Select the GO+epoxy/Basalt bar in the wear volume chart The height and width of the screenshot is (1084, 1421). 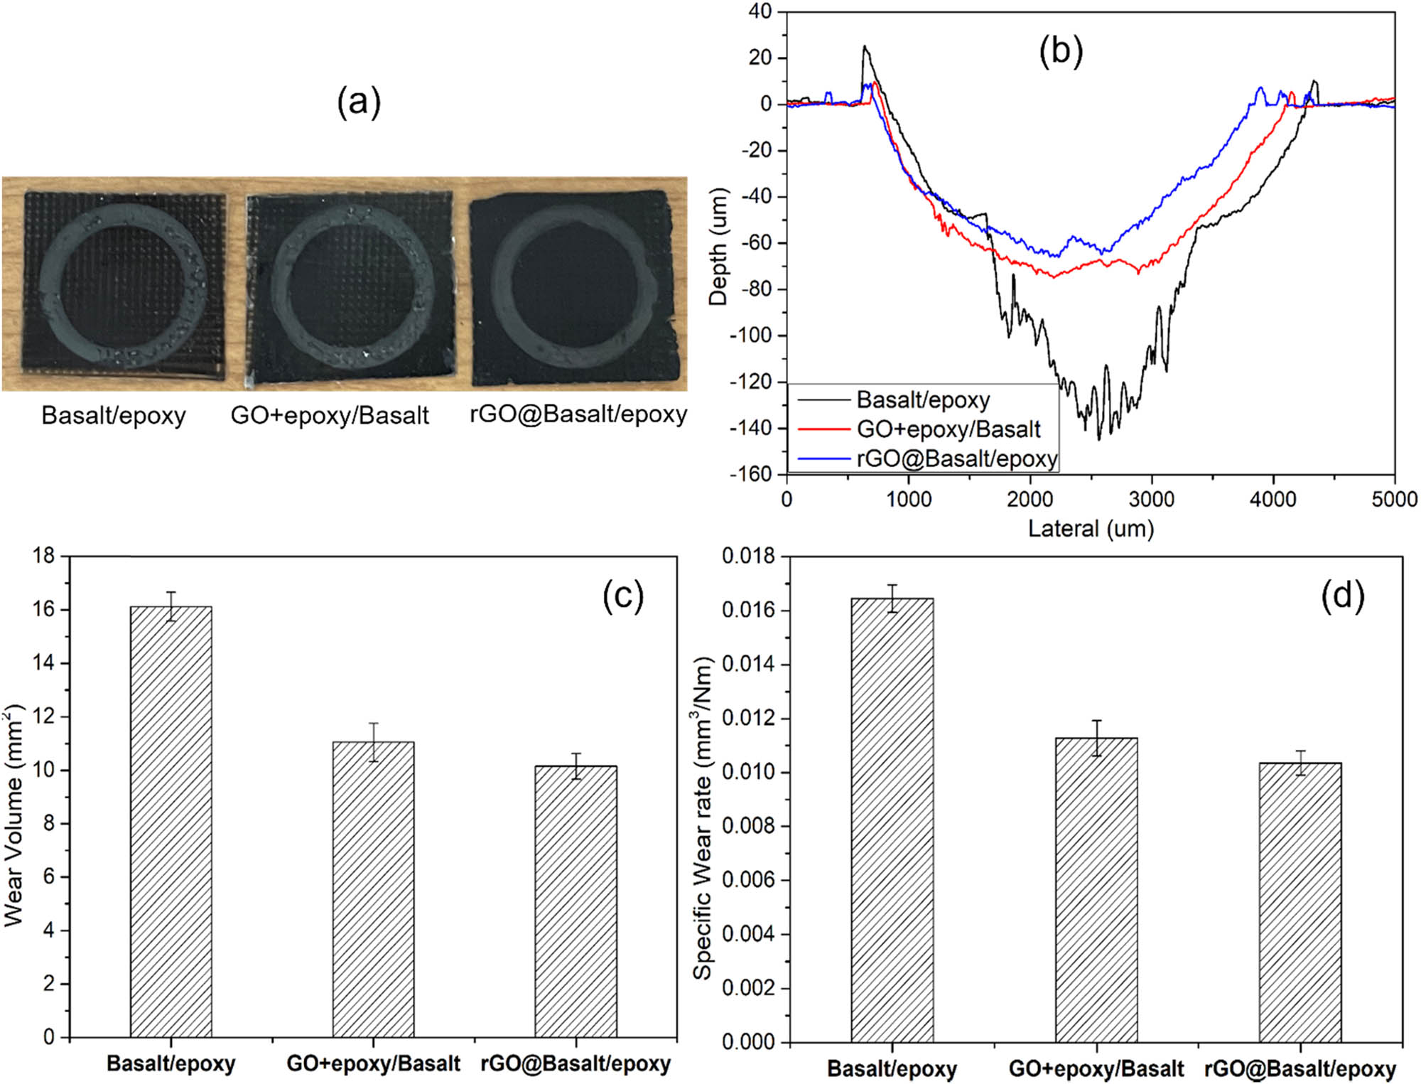373,889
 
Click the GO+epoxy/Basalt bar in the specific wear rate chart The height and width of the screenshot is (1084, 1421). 1096,889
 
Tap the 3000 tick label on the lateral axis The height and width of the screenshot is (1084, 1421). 1151,499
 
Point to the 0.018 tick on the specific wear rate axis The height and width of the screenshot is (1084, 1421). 748,556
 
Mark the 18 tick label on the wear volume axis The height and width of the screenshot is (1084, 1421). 44,556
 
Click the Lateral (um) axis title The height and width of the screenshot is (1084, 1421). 1091,528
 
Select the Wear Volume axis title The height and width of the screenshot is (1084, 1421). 14,815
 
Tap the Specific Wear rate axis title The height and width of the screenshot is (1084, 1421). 703,817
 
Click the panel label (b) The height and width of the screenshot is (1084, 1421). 1061,51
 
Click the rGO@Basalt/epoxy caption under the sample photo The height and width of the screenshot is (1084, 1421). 578,414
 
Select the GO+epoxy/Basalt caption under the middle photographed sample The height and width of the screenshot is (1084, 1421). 330,415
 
